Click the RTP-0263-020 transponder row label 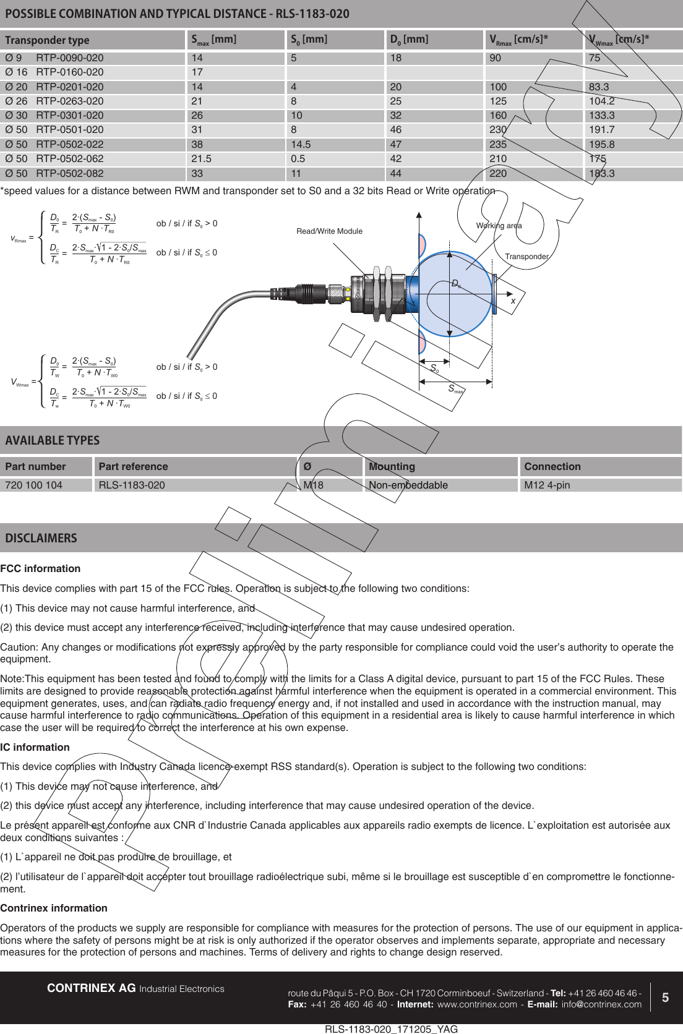[x=69, y=101]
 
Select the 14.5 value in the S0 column [x=301, y=144]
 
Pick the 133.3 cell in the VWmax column [x=601, y=115]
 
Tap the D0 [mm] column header [x=409, y=40]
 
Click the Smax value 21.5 [x=202, y=158]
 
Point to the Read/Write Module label [x=329, y=231]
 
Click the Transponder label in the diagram [x=526, y=257]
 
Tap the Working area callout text [x=499, y=226]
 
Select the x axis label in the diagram [x=513, y=301]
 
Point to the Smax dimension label [x=455, y=389]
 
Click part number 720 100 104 [x=34, y=485]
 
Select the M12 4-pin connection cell [x=547, y=485]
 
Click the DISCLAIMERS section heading [x=41, y=538]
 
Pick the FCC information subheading [x=40, y=568]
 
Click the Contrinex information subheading [x=54, y=908]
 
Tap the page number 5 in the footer [x=665, y=998]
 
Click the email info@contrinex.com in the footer [x=601, y=1004]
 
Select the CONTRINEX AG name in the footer [x=92, y=988]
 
